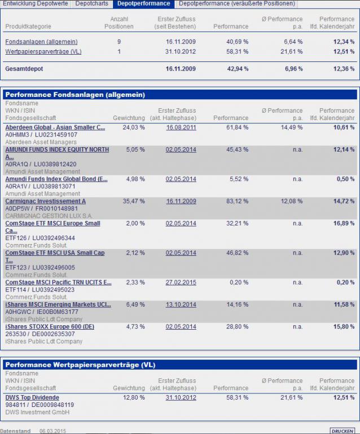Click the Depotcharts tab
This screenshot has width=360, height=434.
point(92,3)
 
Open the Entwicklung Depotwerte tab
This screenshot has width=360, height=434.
point(36,3)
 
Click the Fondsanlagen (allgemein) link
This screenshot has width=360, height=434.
point(41,42)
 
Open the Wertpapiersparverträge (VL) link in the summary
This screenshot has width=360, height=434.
point(43,52)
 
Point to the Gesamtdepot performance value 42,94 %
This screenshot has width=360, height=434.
point(236,69)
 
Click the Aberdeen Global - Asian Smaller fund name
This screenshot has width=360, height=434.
point(55,127)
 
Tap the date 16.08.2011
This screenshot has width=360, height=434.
point(181,127)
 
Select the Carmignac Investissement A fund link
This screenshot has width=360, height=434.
point(45,201)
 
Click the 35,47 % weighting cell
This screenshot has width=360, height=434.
point(133,201)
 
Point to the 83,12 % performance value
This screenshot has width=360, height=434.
point(236,201)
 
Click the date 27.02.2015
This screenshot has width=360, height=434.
point(181,282)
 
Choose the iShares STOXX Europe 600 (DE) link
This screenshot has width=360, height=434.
point(50,326)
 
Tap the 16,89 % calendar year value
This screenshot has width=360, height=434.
point(343,223)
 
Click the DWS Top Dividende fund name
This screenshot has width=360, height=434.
point(32,397)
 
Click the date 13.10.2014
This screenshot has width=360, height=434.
point(181,304)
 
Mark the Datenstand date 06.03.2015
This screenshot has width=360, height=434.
point(53,431)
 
